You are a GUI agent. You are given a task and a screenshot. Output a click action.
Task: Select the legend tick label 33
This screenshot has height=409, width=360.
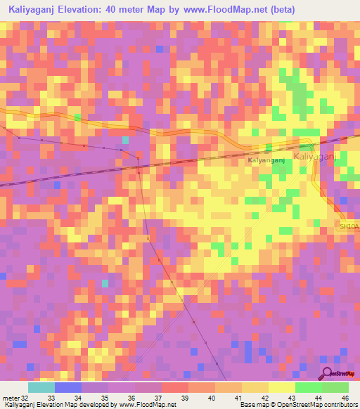50,397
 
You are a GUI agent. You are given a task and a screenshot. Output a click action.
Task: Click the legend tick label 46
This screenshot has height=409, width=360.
344,397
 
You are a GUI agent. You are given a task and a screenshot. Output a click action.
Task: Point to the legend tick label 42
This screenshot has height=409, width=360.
264,397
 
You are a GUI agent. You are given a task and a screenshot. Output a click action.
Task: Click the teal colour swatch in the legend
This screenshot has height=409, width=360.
41,387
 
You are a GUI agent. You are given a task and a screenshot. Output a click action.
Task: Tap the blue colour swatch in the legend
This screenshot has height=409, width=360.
68,387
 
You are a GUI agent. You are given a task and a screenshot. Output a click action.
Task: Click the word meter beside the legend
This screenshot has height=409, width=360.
11,397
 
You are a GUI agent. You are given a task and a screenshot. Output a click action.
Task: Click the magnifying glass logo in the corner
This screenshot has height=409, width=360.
327,375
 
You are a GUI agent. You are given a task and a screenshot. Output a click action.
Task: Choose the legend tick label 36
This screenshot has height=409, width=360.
130,397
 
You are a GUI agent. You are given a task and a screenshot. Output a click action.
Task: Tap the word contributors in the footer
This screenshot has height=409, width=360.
341,405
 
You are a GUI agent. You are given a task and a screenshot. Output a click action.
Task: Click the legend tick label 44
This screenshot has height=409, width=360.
317,397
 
